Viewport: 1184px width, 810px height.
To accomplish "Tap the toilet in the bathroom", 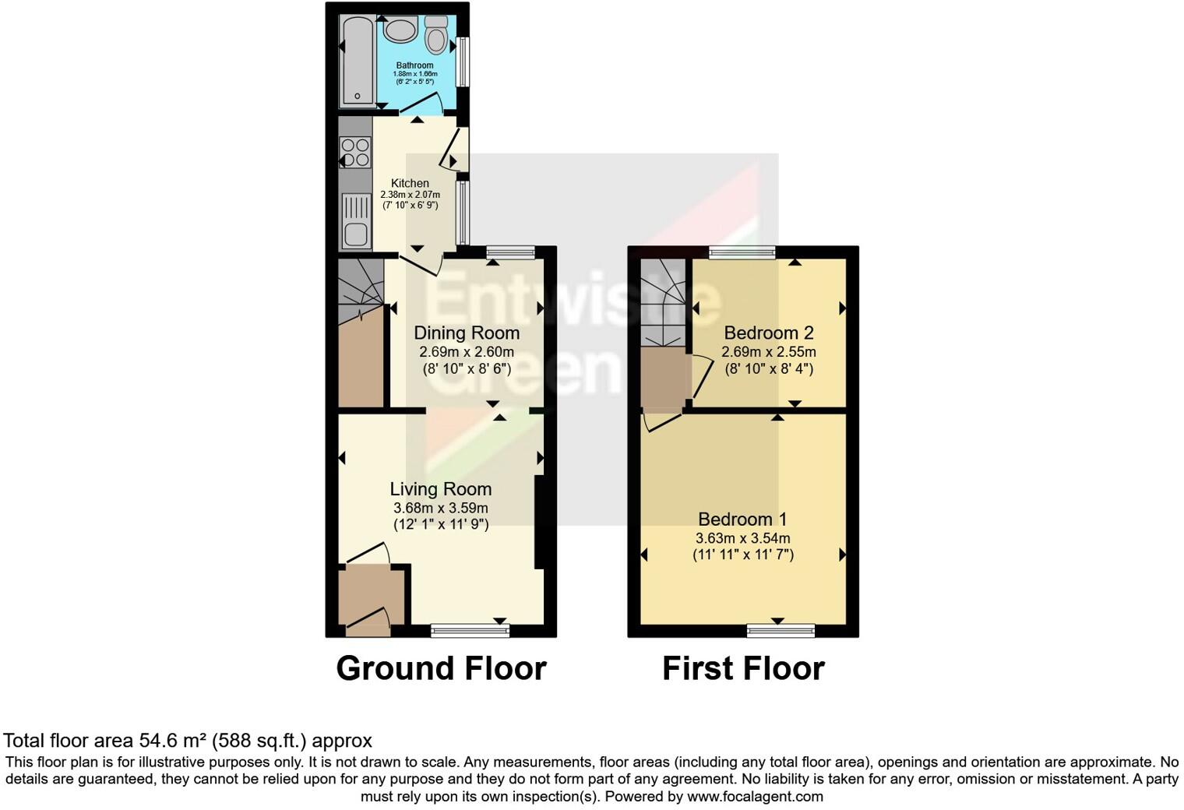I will click(436, 35).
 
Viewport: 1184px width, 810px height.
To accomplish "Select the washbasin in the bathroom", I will click(400, 31).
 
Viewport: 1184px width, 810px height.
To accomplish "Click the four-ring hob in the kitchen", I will click(355, 152).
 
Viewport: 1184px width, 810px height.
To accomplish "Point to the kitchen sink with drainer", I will click(356, 220).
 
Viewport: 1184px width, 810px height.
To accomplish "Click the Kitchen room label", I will click(410, 183).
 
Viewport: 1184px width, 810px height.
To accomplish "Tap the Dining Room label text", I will click(467, 333).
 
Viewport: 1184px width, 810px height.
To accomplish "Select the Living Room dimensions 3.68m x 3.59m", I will click(441, 508).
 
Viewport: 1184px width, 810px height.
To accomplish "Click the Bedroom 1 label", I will click(742, 519).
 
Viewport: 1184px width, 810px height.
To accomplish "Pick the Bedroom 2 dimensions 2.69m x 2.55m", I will click(768, 352).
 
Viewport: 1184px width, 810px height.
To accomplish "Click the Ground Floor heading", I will click(441, 668).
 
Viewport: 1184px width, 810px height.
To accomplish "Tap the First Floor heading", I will click(743, 668).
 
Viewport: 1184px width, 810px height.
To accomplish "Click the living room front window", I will click(470, 630).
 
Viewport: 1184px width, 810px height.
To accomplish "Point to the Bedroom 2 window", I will click(742, 252).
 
